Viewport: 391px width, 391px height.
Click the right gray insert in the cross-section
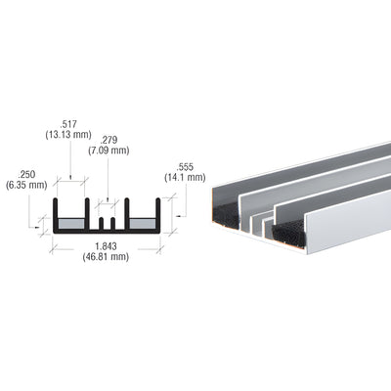[x=143, y=224]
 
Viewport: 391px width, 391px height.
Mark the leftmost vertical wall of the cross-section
[x=55, y=215]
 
